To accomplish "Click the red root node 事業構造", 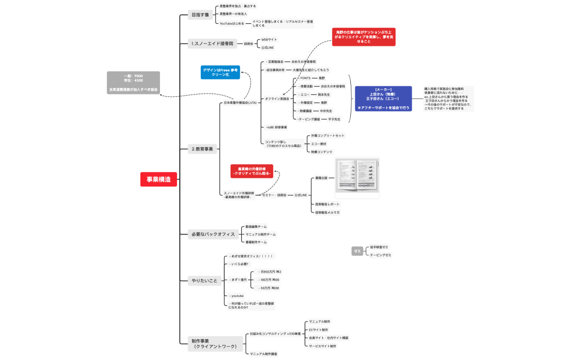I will pos(158,179).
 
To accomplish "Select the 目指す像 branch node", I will pos(200,15).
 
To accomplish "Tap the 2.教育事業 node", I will pos(202,149).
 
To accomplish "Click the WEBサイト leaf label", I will pos(269,39).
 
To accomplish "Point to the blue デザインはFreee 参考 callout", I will pos(220,72).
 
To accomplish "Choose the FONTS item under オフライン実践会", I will pos(305,79).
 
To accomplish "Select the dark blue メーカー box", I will pos(383,98).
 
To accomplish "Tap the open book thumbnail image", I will pos(357,178).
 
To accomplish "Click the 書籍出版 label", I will pos(321,178).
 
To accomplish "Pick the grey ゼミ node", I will pos(357,251).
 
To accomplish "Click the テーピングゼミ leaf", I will pos(381,255).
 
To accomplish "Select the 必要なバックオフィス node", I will pos(213,234).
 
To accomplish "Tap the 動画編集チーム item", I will pos(256,226).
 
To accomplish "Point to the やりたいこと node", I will pos(204,280).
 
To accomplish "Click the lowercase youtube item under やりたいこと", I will pos(237,296).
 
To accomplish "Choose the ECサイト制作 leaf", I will pos(319,330).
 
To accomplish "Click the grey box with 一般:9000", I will pos(133,82).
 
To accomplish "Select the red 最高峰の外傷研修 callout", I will pos(252,171).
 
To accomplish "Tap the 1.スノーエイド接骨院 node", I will pos(212,43).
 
